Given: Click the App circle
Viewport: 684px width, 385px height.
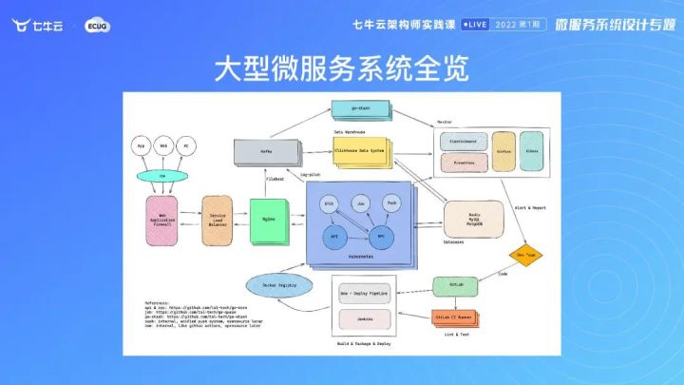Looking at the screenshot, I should click(142, 145).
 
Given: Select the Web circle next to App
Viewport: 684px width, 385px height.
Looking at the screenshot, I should click(162, 145).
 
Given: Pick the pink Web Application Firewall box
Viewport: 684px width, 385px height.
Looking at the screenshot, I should click(161, 216).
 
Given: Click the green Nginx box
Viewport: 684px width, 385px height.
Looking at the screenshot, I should click(269, 218).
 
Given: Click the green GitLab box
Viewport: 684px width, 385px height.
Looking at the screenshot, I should click(454, 285).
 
